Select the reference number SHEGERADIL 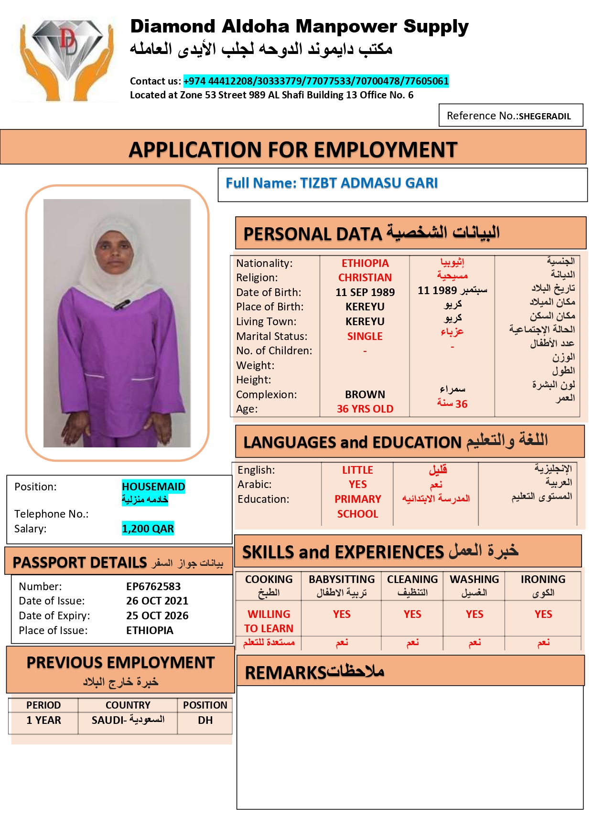[x=544, y=116]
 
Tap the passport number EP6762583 [x=153, y=586]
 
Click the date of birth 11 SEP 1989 [x=365, y=292]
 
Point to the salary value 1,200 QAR [x=148, y=529]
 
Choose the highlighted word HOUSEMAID [x=153, y=487]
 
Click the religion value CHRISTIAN [x=365, y=277]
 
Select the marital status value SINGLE [x=365, y=336]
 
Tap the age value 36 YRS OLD [x=365, y=409]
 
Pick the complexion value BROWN [x=365, y=394]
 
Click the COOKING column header [x=269, y=579]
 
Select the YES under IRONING [x=543, y=614]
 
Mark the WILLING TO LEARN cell [x=269, y=621]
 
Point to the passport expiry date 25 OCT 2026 [x=157, y=615]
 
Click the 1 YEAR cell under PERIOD [x=43, y=720]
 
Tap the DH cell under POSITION [x=205, y=720]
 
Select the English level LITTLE [x=357, y=470]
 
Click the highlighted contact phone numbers [x=316, y=81]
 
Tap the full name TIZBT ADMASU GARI [x=368, y=183]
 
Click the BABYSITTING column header [x=342, y=579]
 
